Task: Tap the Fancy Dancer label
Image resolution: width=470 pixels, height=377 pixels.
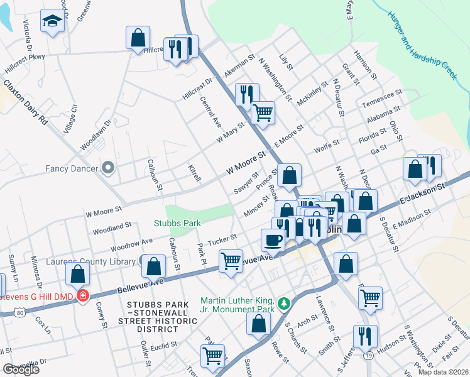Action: click(x=72, y=168)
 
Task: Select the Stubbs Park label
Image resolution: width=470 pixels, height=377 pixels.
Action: click(x=177, y=222)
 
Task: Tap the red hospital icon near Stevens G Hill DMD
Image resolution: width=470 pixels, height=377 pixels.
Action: click(x=82, y=295)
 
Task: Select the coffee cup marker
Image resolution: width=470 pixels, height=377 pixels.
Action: click(x=273, y=239)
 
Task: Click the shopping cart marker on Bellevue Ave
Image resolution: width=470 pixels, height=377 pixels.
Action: click(x=231, y=260)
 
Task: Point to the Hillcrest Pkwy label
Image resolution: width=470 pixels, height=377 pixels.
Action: click(x=23, y=57)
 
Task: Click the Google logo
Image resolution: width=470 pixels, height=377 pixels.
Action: click(x=21, y=369)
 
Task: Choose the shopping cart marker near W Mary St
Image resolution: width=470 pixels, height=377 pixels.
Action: click(x=263, y=112)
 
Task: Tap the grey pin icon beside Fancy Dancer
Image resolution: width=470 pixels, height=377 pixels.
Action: click(x=108, y=168)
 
